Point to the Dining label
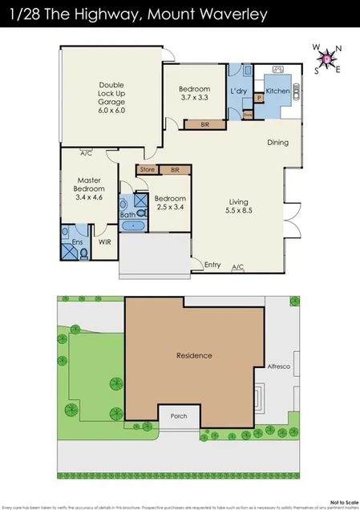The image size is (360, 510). (277, 144)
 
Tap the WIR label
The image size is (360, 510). (104, 241)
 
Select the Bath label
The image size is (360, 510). (127, 215)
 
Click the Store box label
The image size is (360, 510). (147, 170)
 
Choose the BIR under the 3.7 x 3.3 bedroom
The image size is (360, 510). (195, 124)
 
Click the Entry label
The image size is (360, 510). (212, 264)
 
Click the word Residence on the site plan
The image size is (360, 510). (194, 354)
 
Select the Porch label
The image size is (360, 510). (174, 416)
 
